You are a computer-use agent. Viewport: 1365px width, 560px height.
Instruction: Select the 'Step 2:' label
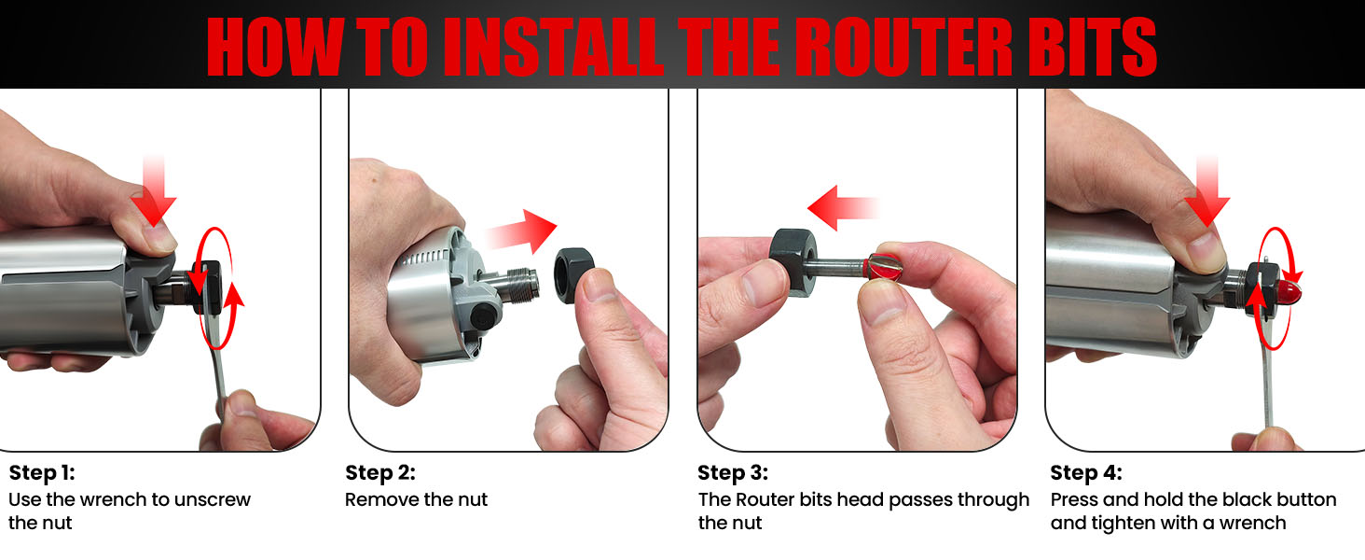(379, 472)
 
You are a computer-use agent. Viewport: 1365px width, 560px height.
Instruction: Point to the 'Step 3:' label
(733, 472)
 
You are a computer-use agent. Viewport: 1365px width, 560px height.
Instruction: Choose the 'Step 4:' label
(1085, 472)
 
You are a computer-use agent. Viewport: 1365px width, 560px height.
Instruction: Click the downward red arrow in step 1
(150, 192)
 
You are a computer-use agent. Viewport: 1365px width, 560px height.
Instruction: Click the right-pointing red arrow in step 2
(522, 230)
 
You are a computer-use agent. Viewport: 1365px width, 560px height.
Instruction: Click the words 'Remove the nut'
(416, 499)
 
